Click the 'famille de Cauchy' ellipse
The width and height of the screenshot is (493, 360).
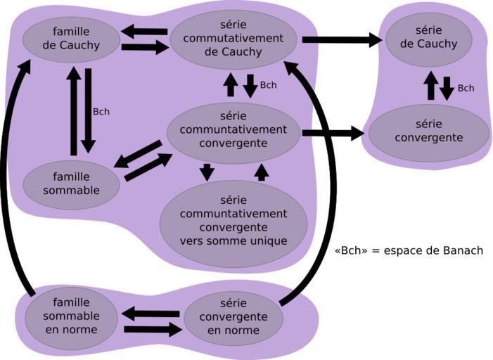point(70,39)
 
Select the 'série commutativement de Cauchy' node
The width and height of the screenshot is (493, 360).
point(233,39)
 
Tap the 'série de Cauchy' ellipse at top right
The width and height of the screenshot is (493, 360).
point(428,37)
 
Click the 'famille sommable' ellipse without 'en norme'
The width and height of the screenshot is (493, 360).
point(70,184)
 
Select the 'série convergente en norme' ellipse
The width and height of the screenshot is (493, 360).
point(233,317)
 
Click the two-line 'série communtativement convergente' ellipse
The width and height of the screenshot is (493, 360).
point(233,132)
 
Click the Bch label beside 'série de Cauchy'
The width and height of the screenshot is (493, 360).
point(466,88)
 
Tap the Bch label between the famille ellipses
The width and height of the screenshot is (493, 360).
point(101,111)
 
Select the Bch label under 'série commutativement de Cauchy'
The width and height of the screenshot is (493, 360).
point(268,85)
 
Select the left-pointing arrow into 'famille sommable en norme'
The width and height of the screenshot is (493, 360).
point(151,314)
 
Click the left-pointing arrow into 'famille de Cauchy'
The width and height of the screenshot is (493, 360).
point(143,32)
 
